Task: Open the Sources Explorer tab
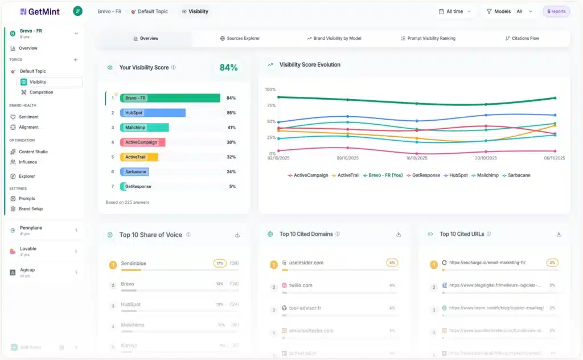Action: (x=240, y=38)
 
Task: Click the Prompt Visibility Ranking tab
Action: (x=428, y=38)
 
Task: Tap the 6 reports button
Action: (x=556, y=11)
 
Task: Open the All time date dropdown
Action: (x=455, y=11)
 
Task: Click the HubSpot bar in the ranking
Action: (x=153, y=113)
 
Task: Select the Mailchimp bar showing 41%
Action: (x=145, y=128)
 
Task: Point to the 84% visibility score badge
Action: (x=228, y=67)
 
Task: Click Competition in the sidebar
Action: (x=41, y=92)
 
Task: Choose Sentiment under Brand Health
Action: (x=28, y=117)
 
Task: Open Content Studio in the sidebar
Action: (x=33, y=152)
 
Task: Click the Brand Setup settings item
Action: (x=30, y=209)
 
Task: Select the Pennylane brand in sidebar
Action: (x=31, y=228)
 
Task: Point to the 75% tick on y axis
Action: (x=270, y=105)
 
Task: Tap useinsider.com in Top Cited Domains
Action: (x=306, y=263)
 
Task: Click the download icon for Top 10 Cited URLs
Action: (x=559, y=234)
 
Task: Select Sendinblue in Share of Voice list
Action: (x=134, y=264)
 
